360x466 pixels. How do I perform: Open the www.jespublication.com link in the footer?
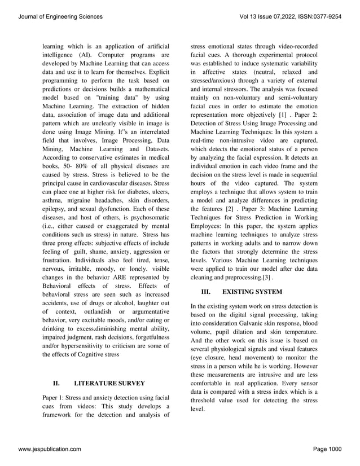pos(50,449)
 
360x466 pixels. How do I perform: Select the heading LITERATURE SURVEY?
pos(109,383)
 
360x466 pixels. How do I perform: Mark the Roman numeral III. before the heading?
pos(206,292)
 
